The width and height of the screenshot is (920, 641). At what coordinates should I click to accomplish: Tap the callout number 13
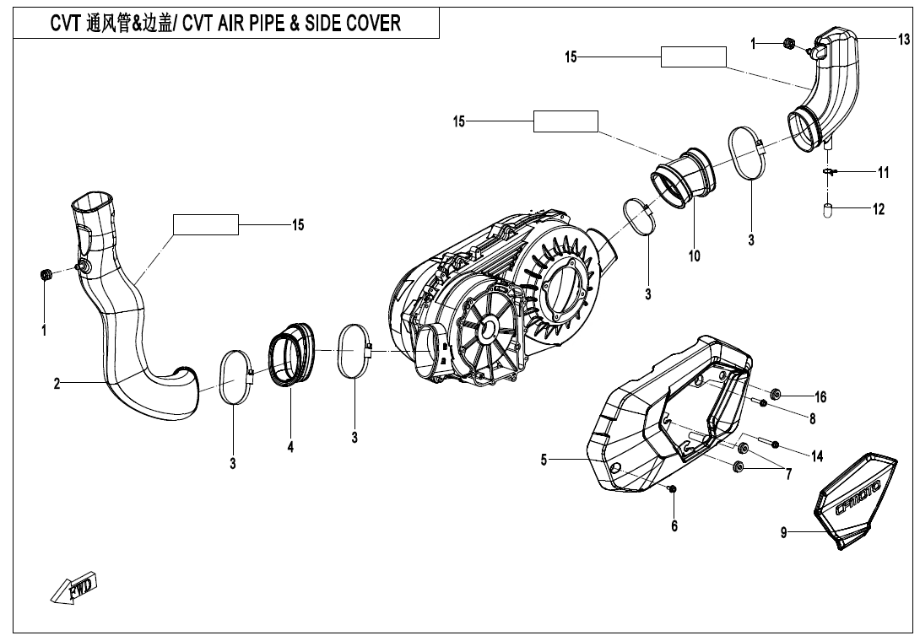click(904, 40)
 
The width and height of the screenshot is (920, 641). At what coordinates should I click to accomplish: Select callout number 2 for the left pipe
click(57, 383)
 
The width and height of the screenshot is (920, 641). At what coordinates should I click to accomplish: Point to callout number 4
click(290, 447)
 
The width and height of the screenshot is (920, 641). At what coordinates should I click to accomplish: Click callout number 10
click(694, 256)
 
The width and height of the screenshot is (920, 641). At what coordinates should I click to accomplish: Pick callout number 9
click(783, 533)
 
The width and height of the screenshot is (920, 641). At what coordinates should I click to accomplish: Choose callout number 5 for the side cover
click(544, 460)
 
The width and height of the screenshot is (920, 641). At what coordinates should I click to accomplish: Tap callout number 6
click(674, 525)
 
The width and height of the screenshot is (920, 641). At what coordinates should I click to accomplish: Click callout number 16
click(820, 396)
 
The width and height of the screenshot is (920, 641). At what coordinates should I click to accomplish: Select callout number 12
click(879, 209)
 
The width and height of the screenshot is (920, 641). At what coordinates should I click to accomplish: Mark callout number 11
click(883, 173)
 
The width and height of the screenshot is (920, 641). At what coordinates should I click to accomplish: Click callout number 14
click(816, 455)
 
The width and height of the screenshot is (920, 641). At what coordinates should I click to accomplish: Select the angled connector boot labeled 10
click(682, 178)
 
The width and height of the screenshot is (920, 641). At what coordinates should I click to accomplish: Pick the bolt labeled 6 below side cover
click(673, 488)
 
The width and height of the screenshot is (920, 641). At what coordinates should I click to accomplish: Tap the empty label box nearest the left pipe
click(206, 224)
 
